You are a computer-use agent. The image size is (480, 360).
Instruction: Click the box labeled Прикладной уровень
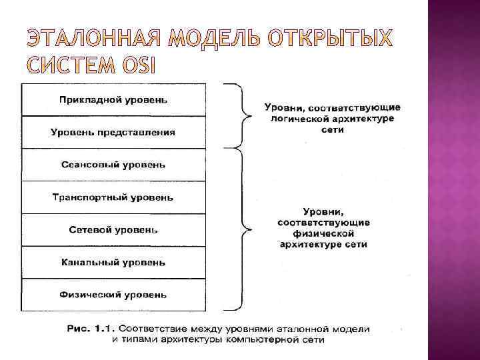pos(113,100)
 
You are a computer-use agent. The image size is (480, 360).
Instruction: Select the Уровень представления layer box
pos(113,132)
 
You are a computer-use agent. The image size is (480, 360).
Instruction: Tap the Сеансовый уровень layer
pos(113,165)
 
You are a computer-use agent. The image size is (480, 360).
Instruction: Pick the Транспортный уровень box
pos(113,197)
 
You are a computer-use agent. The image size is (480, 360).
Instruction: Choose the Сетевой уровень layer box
pos(113,230)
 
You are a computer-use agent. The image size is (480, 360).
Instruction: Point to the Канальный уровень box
pos(113,263)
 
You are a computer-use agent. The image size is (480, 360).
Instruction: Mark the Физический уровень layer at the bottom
pos(113,295)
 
